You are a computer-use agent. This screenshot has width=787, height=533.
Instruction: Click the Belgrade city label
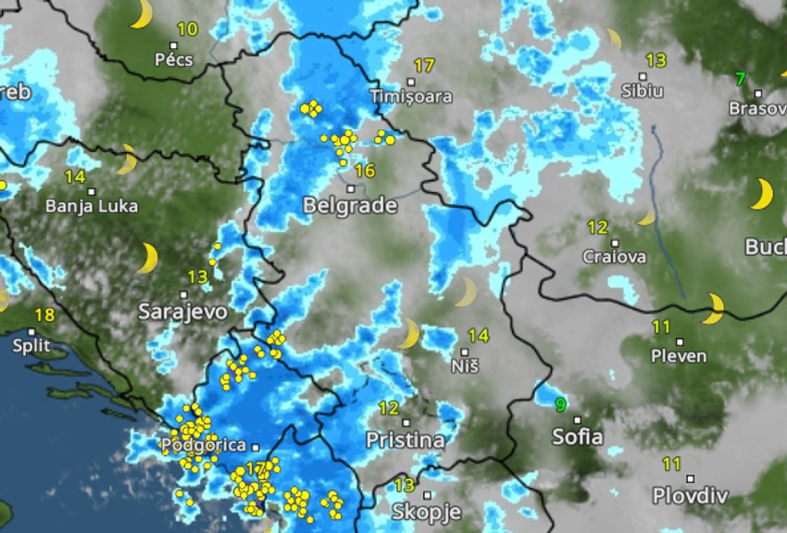[350, 206]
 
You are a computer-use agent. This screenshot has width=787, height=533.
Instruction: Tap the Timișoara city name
[411, 96]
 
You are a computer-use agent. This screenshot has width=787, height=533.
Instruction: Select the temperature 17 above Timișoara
[424, 66]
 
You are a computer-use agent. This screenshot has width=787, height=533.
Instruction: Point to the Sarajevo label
[182, 311]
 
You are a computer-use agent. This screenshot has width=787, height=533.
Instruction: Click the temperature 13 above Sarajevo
[197, 276]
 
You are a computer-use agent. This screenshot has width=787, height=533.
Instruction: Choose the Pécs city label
[174, 60]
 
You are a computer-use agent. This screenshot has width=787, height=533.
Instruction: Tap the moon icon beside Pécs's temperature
[141, 14]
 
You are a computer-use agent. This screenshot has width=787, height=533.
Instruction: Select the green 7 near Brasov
[740, 79]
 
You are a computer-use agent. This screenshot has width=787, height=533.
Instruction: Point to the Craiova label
[615, 257]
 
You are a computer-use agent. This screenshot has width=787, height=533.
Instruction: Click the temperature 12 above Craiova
[597, 227]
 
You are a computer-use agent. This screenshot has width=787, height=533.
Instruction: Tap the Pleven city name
[679, 356]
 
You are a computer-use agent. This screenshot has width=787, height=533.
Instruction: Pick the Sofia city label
[577, 436]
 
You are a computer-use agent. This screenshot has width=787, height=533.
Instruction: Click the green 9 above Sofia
[560, 404]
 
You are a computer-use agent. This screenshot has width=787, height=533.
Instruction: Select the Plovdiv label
[686, 495]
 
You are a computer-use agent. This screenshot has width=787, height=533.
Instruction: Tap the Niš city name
[465, 366]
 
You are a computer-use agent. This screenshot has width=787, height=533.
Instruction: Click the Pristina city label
[405, 439]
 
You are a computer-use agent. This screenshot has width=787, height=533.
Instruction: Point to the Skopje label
[426, 512]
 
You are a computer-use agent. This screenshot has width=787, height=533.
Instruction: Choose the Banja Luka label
[92, 206]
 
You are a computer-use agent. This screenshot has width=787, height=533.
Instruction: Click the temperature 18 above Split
[44, 315]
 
